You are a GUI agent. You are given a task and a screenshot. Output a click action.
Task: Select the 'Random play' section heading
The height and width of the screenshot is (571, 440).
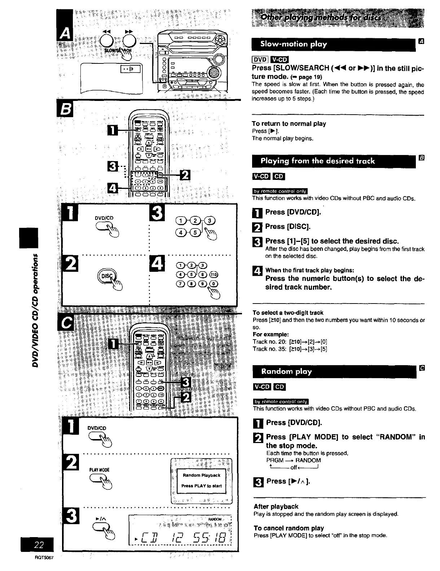tap(287, 371)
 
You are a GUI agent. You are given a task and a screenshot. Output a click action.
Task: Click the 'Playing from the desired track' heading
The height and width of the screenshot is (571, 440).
tap(318, 161)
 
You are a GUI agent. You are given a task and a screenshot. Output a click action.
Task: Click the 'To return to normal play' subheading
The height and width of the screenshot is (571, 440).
tap(289, 124)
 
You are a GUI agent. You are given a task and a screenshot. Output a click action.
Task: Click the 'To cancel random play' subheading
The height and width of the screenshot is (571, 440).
tap(289, 528)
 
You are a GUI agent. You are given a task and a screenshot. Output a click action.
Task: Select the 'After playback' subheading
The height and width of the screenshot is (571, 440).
tap(276, 506)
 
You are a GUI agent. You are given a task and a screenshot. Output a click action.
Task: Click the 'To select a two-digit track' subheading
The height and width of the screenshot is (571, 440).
tap(288, 313)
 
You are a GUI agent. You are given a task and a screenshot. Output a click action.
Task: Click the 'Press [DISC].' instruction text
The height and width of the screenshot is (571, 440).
tap(288, 226)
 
